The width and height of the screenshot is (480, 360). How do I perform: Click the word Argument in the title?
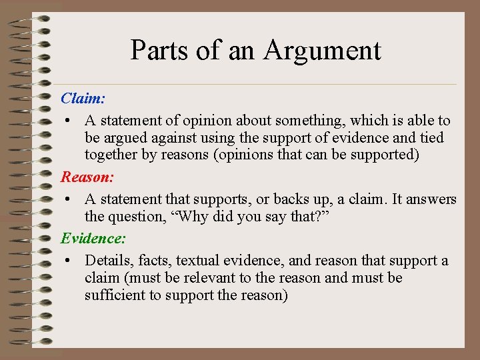(323, 51)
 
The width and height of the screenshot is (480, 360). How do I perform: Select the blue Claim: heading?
(83, 99)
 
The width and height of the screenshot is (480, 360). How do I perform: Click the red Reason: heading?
(87, 177)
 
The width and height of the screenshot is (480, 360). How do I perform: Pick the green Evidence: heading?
(93, 238)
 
